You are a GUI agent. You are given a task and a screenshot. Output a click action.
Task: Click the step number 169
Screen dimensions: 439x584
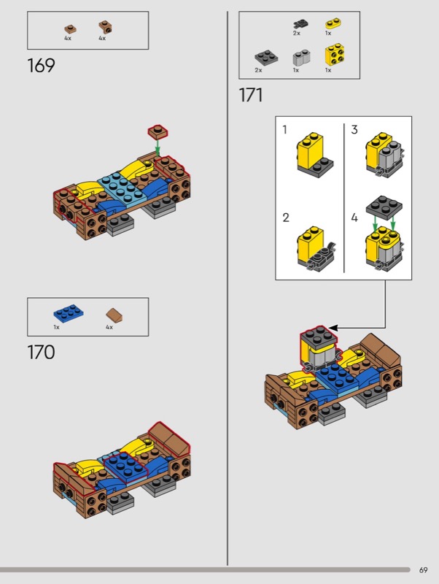coord(41,66)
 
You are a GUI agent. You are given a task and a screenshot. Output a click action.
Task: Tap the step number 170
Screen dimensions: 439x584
coord(41,352)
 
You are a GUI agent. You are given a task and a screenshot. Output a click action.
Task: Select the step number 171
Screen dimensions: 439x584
coord(250,95)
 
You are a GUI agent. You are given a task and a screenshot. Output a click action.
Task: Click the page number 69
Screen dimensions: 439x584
coord(424,570)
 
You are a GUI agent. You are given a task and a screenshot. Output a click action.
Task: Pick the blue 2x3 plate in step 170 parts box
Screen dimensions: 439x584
coord(68,313)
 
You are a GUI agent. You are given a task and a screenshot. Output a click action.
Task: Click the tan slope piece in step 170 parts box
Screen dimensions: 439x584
coord(114,315)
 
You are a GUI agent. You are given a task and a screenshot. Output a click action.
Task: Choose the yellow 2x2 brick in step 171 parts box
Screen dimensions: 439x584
coord(334,54)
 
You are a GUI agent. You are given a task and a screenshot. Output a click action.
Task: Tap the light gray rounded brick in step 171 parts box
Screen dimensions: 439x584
coord(301,57)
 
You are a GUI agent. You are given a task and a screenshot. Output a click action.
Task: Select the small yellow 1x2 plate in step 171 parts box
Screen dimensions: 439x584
coord(333,23)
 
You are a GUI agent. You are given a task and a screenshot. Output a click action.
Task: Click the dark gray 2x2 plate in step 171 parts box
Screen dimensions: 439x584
coord(266,58)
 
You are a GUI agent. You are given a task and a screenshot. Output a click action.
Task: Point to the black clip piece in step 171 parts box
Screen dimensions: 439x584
coord(300,24)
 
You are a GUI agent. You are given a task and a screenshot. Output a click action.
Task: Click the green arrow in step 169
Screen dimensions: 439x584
coord(158,147)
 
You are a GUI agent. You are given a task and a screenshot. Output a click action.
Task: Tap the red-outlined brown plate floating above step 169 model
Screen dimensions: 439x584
coord(158,132)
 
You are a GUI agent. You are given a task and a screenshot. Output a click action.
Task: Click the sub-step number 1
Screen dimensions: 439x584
coord(284,130)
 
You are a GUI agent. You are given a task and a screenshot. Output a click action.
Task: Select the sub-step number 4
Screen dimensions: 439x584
coord(354,217)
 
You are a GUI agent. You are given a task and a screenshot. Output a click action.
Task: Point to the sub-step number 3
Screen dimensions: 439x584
coord(354,130)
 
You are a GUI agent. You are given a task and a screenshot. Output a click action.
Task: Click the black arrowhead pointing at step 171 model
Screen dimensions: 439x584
coord(334,328)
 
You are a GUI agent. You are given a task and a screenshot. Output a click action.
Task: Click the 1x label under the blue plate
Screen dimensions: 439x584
coord(56,327)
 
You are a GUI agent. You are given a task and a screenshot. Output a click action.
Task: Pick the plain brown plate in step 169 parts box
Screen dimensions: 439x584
coord(70,29)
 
